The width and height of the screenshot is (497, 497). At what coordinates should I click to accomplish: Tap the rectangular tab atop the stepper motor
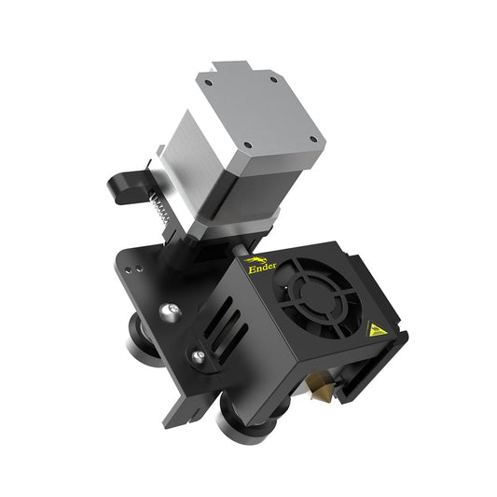[229, 69]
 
